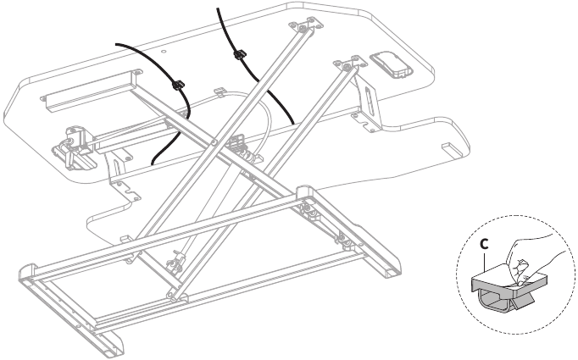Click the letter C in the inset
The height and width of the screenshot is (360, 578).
tap(485, 244)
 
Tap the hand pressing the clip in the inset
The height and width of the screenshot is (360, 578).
tap(531, 259)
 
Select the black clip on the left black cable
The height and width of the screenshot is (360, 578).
tap(179, 85)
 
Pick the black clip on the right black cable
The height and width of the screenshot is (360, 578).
tap(240, 54)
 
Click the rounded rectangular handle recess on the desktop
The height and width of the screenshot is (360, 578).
tap(391, 65)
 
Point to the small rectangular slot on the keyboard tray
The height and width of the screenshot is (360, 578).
tap(453, 149)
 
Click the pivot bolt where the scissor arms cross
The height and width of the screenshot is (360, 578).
tap(214, 141)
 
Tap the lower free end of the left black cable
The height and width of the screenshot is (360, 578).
tap(153, 163)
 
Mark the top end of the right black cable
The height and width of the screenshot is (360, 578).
tap(218, 8)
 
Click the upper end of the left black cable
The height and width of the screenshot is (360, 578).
tap(116, 45)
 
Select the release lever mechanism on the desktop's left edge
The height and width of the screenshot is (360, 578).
tap(73, 147)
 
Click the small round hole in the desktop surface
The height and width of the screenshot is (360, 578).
tap(164, 52)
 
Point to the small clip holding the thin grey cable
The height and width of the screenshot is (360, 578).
tap(219, 91)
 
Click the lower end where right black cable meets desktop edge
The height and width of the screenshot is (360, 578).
tap(293, 124)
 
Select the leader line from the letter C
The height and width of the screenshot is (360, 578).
tap(484, 262)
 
